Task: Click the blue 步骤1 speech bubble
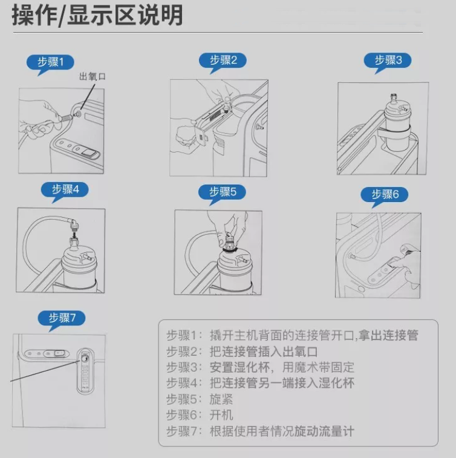pos(50,63)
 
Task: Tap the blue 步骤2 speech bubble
pos(223,61)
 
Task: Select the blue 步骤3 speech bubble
pos(388,61)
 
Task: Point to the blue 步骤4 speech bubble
pos(65,191)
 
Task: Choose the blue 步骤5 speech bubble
pos(222,193)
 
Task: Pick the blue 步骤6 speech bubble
pos(384,195)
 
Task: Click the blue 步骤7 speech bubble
pos(61,319)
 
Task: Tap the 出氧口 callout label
pos(93,76)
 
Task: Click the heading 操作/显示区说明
pos(97,16)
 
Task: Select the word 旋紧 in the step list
pos(221,399)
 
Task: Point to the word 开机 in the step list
pos(221,415)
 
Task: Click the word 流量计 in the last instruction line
pos(336,431)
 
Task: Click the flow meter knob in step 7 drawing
pos(85,359)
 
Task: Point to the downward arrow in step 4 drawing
pos(74,235)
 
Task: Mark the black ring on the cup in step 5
pos(230,250)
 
